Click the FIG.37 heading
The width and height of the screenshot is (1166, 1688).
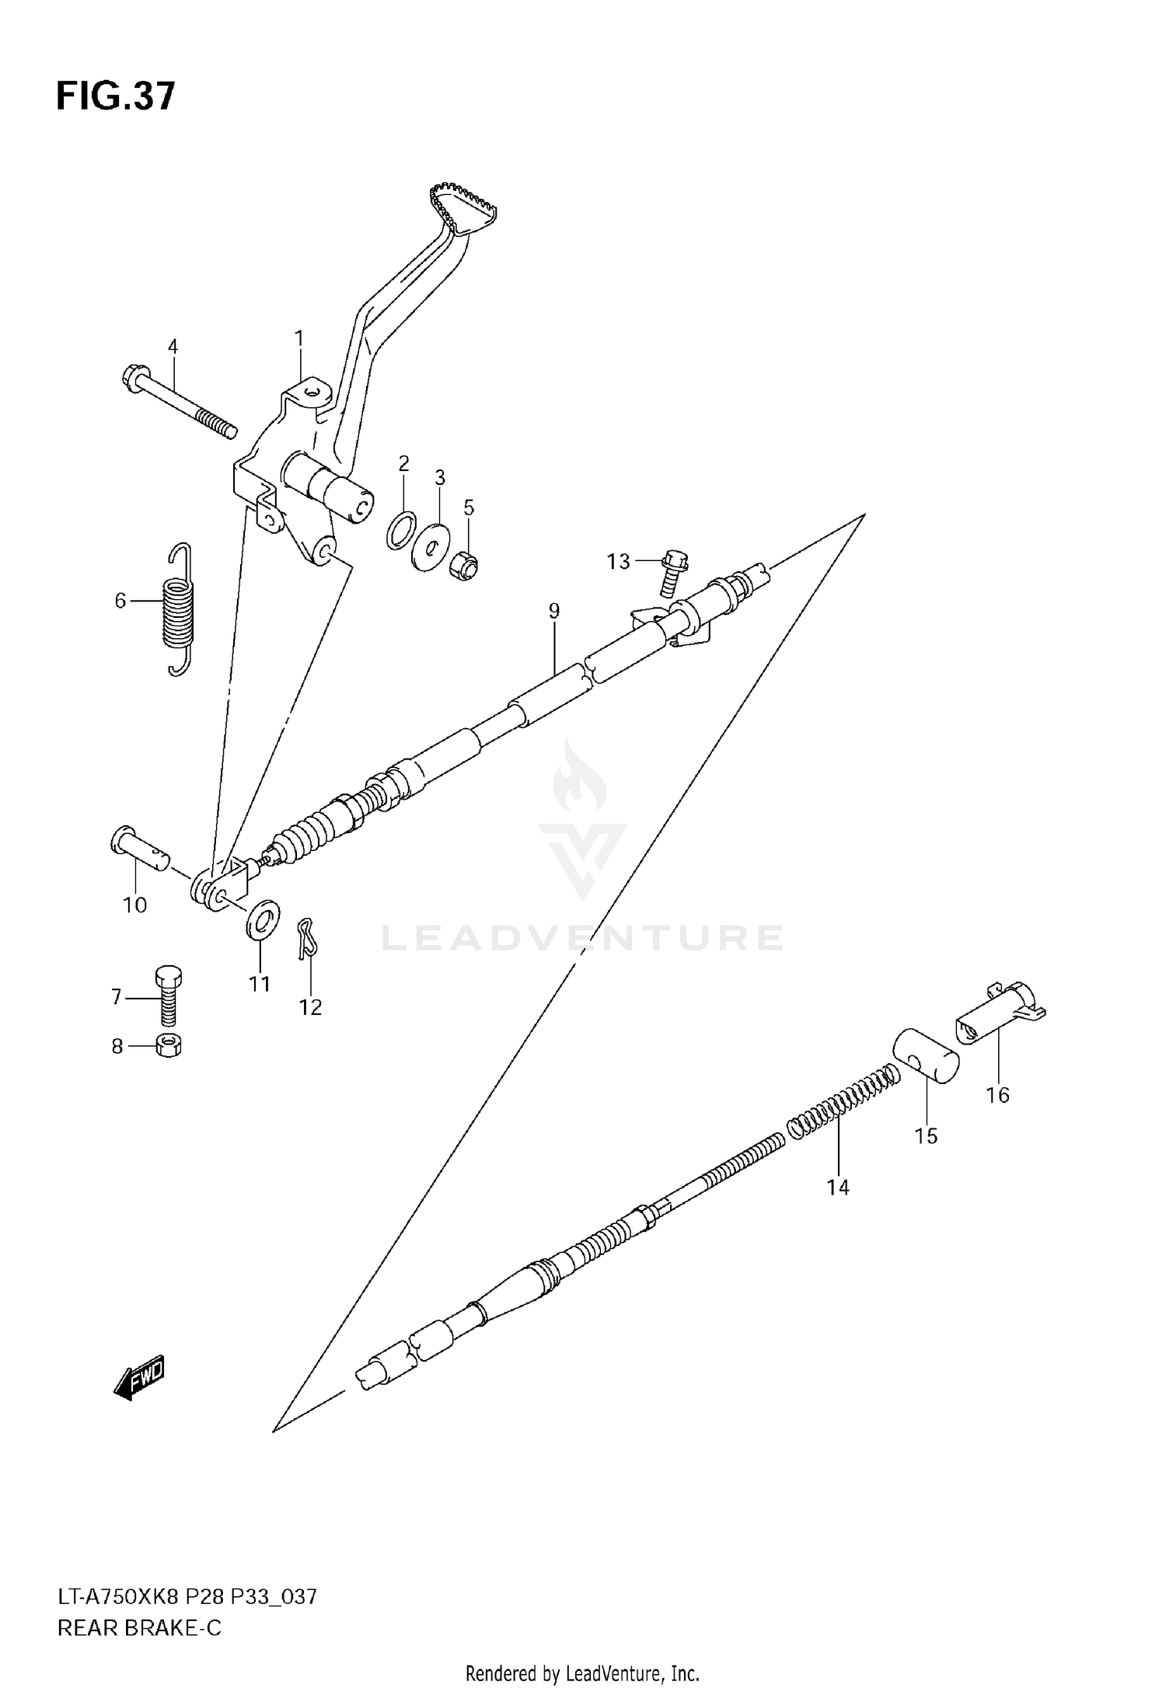pyautogui.click(x=116, y=97)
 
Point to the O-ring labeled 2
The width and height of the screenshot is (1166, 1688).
pyautogui.click(x=401, y=530)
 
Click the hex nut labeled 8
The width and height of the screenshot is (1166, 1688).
pyautogui.click(x=169, y=1046)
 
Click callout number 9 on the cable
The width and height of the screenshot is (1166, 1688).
pyautogui.click(x=553, y=611)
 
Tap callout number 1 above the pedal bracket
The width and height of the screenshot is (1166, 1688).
pyautogui.click(x=298, y=339)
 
